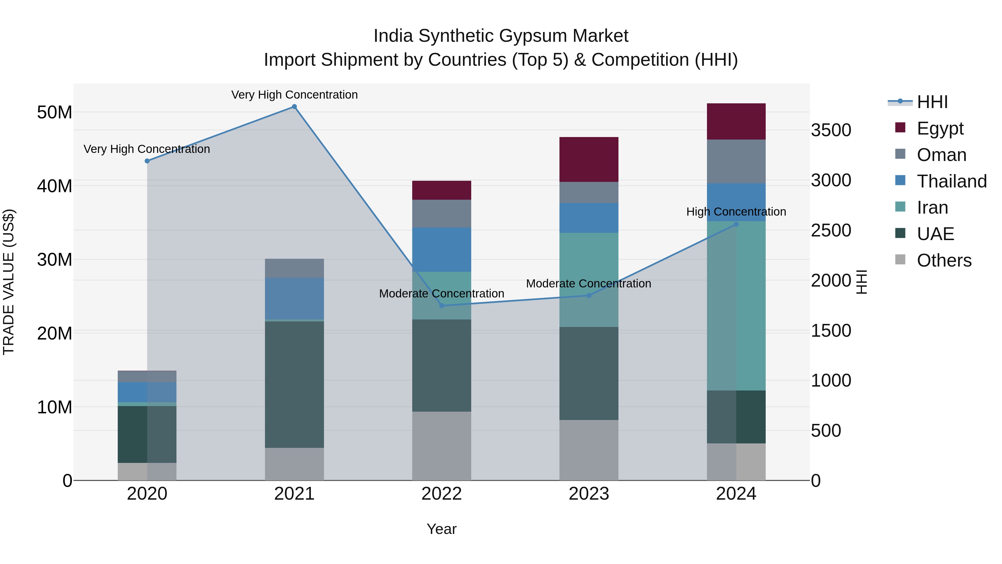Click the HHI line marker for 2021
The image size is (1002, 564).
(294, 107)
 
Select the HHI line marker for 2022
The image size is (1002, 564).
(441, 306)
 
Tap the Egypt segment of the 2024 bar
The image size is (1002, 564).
(736, 121)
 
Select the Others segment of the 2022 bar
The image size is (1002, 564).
(441, 446)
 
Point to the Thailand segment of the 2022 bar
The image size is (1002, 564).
(441, 250)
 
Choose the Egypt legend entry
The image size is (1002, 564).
(939, 128)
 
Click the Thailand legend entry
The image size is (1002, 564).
(951, 181)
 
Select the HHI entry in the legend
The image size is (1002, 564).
(932, 102)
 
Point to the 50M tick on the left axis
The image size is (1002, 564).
(55, 113)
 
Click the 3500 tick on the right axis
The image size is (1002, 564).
(831, 130)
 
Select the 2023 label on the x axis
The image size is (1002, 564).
(588, 494)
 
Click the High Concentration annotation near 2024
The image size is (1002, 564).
(736, 212)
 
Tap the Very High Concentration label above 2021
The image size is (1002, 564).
(294, 95)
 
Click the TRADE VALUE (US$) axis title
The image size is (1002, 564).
(9, 282)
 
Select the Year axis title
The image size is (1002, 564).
(441, 529)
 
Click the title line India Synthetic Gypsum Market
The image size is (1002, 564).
(501, 36)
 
